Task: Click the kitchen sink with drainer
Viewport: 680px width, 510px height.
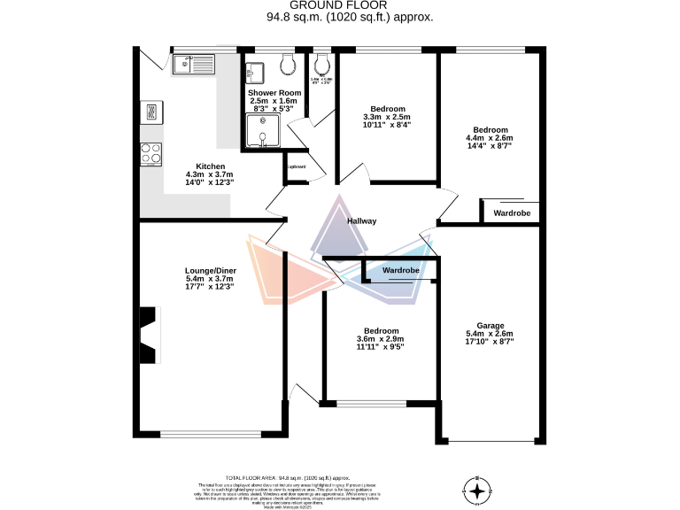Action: click(x=191, y=63)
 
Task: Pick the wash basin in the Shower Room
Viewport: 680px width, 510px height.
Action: click(x=257, y=71)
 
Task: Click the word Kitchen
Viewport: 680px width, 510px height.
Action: click(x=210, y=166)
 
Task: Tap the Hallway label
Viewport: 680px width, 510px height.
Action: click(x=362, y=221)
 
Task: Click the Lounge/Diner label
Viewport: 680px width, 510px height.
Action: click(x=210, y=270)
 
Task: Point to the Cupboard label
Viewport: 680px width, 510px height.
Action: click(x=296, y=166)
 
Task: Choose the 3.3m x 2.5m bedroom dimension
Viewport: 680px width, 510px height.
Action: click(x=387, y=117)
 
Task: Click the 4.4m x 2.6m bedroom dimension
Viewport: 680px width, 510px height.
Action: click(x=492, y=138)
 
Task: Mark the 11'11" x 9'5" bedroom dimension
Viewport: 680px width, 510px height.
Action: click(x=379, y=348)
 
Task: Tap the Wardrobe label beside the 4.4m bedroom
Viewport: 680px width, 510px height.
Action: click(x=512, y=213)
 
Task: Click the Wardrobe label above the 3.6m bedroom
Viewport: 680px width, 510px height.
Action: click(x=400, y=270)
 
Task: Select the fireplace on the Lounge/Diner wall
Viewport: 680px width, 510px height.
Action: click(x=147, y=328)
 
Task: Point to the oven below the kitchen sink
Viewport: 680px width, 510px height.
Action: click(x=151, y=112)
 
